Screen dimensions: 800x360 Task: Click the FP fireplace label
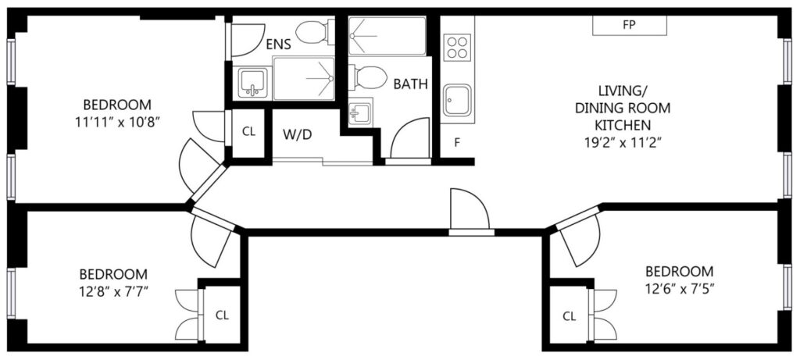629,25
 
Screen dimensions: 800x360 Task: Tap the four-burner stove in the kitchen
456,48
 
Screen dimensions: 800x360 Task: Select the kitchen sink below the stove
456,101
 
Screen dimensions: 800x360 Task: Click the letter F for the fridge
457,142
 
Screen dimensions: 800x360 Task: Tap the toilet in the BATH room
368,77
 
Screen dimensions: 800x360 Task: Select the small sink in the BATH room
360,112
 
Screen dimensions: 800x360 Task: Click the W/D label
297,134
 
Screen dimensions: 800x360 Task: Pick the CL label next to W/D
248,131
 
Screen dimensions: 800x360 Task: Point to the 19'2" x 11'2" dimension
623,143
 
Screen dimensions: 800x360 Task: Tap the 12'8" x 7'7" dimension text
114,293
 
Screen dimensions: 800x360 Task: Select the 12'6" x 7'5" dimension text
679,289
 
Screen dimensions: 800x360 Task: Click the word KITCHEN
623,125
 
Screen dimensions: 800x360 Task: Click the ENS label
278,45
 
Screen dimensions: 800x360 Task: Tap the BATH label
410,84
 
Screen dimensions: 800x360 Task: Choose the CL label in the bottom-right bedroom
570,316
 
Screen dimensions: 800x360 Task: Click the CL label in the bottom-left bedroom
222,315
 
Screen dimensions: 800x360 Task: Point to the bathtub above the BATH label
387,36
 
